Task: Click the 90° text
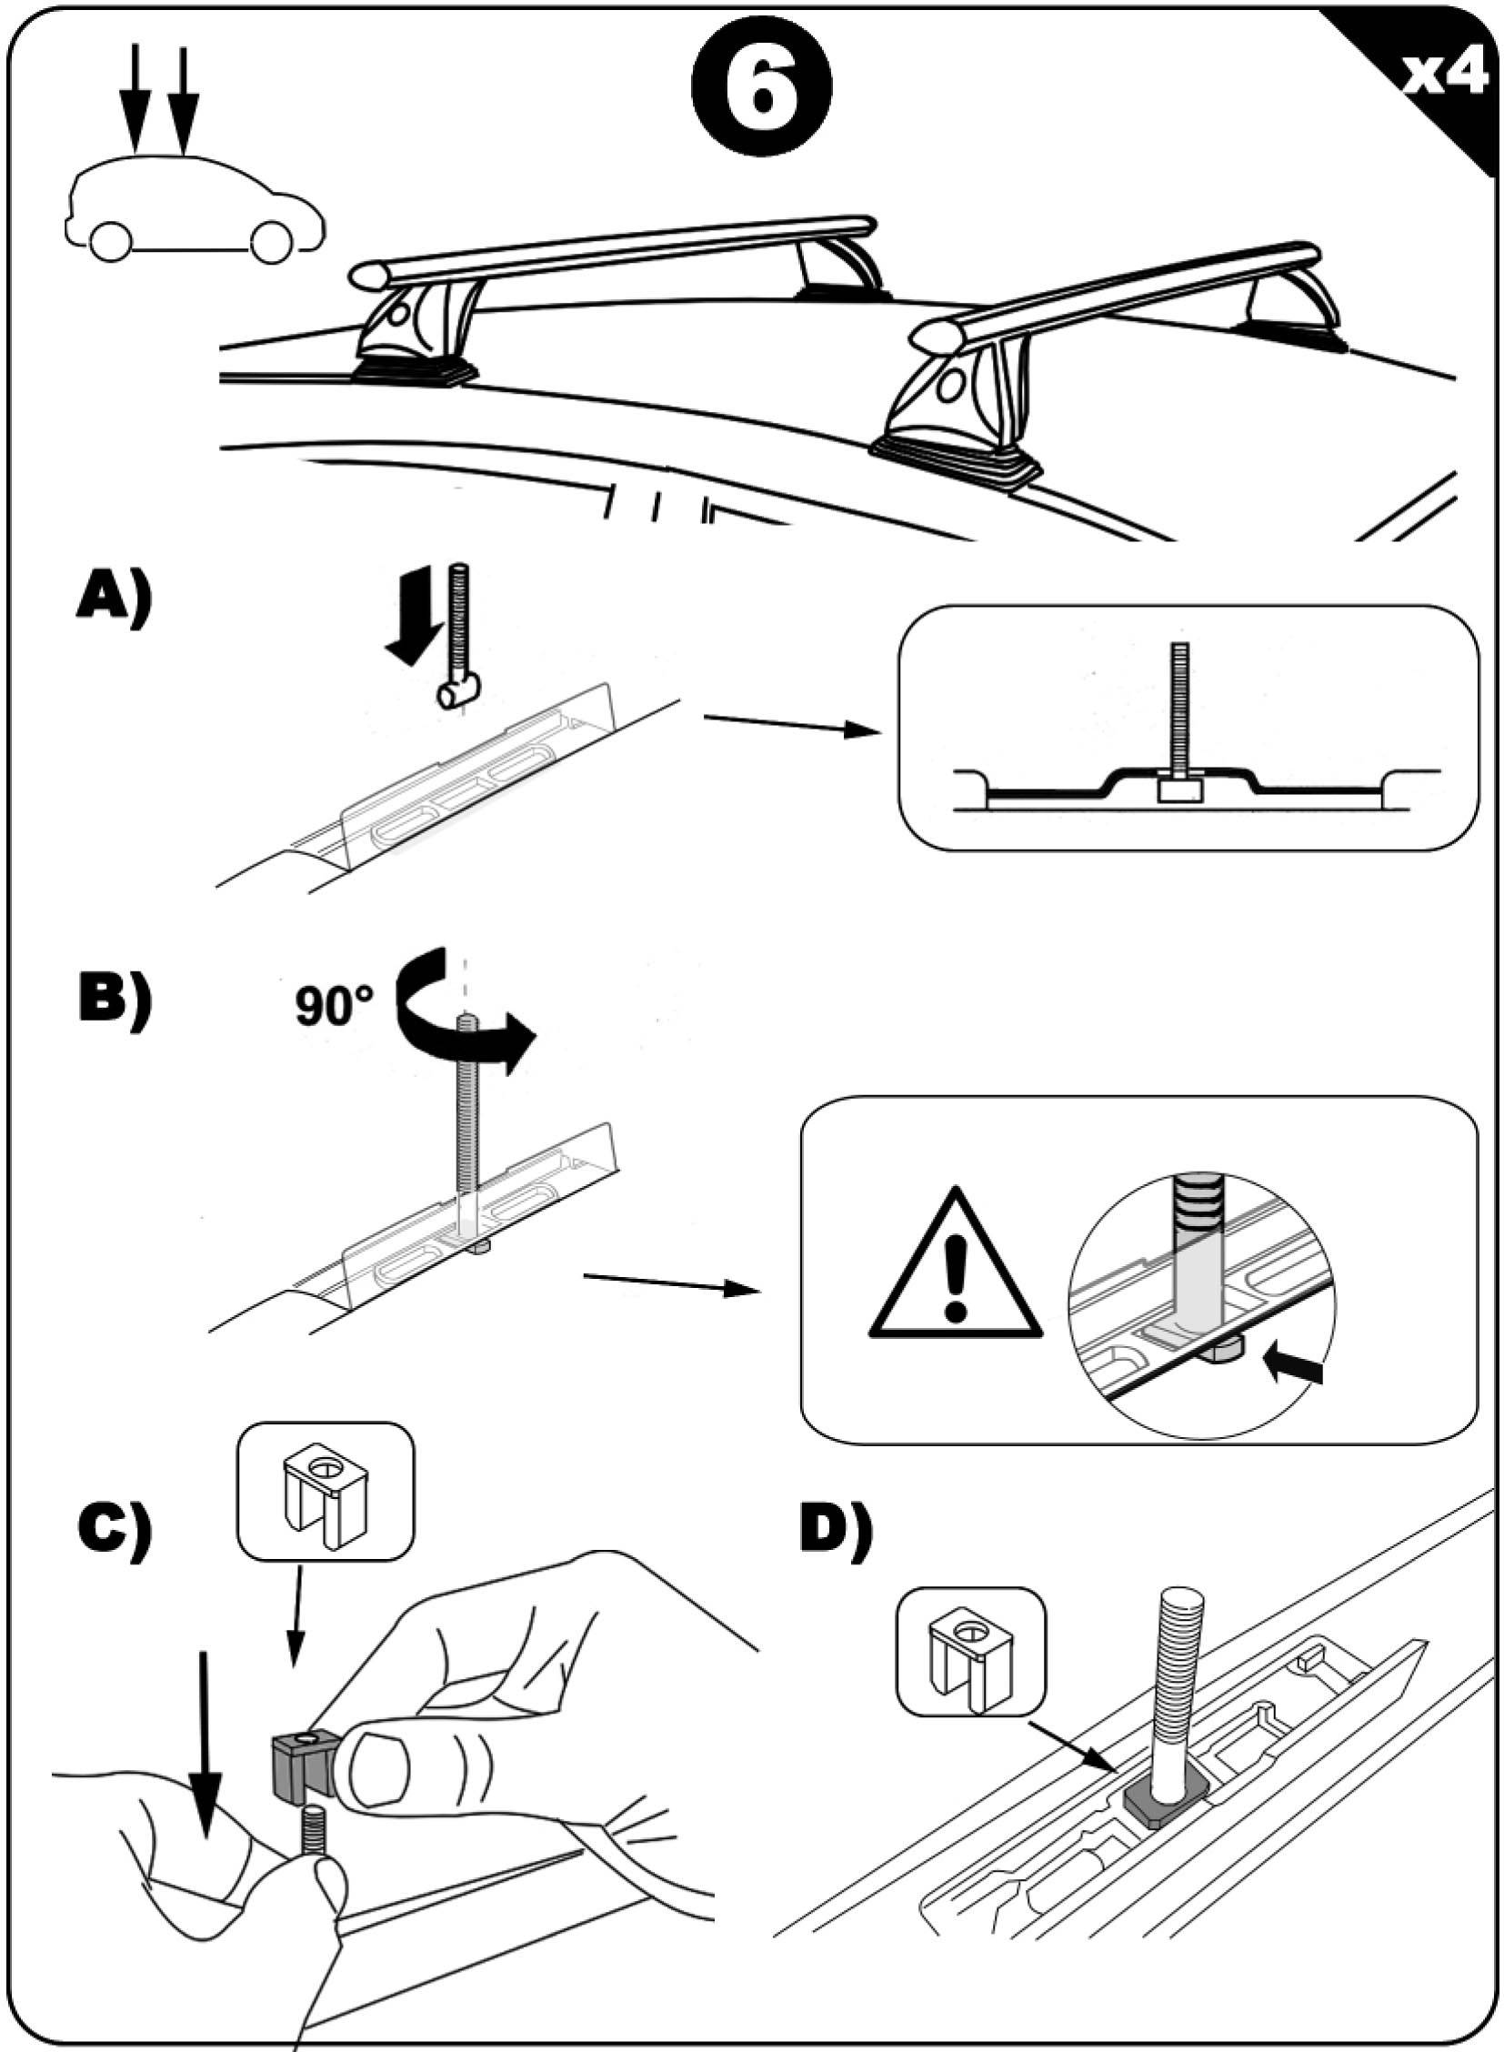(x=335, y=1007)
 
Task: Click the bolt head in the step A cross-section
(x=1179, y=789)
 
